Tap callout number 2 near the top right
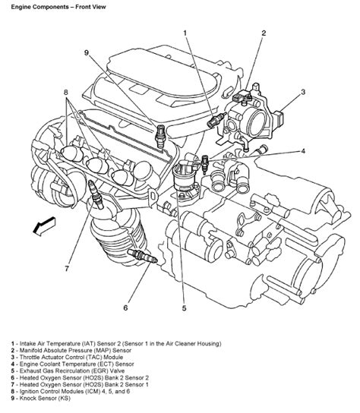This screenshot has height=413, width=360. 264,33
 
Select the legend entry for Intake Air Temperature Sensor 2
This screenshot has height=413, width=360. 122,344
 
